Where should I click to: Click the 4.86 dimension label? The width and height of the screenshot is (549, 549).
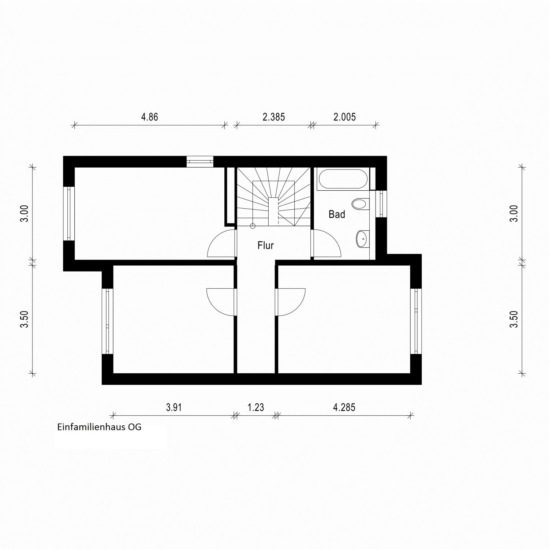[150, 117]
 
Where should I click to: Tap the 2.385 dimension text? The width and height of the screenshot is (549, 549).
[274, 117]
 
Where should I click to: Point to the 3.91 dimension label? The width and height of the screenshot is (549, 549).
[174, 407]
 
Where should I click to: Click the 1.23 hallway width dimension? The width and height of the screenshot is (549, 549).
[255, 407]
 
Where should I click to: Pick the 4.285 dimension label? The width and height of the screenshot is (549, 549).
[344, 407]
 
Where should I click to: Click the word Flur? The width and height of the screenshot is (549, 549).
[266, 245]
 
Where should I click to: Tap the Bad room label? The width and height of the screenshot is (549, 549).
[337, 214]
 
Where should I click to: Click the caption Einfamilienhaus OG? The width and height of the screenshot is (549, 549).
[99, 427]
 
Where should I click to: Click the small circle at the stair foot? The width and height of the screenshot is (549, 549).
[253, 226]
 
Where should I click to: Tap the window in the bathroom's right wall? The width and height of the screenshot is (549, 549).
[381, 203]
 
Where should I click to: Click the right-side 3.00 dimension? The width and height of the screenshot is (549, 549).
[514, 213]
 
